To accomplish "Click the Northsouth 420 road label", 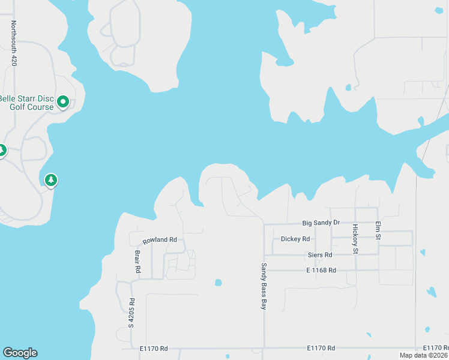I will (14, 43).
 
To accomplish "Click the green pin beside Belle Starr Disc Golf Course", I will (62, 103).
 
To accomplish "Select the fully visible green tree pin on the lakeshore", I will (51, 179).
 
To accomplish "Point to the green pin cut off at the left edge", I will (2, 150).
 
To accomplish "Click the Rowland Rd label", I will (160, 240).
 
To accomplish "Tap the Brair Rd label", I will (137, 262).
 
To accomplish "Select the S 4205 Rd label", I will (132, 313).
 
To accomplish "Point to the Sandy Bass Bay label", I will (263, 286).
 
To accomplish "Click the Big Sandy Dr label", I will (321, 223).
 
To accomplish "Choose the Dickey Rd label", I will (295, 239).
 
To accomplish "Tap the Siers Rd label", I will (319, 255).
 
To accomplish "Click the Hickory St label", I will (355, 239).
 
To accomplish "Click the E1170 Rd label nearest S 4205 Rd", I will (153, 348).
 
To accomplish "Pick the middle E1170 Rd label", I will (321, 348).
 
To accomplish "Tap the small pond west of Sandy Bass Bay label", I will (218, 283).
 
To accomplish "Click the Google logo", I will (20, 353).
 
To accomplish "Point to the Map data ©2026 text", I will (423, 355).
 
